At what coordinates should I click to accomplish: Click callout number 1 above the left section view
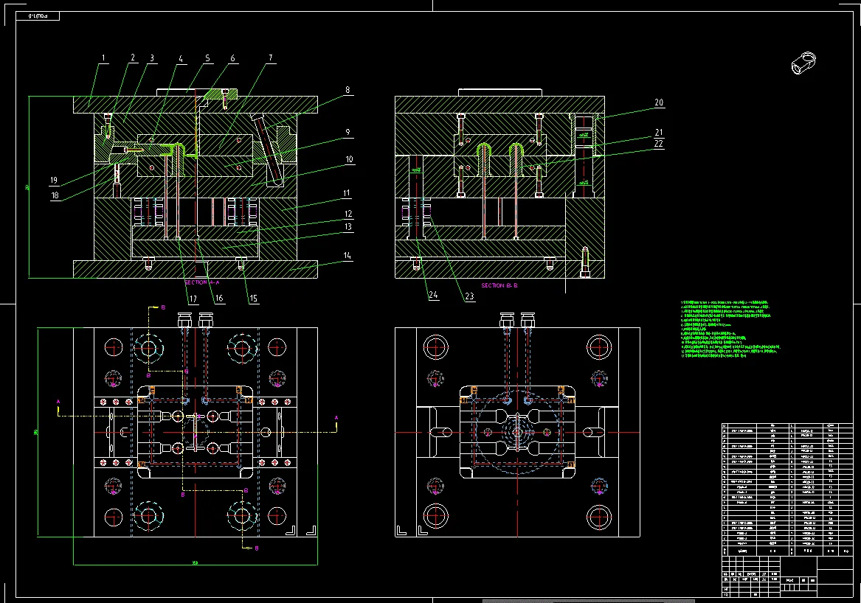tap(104, 57)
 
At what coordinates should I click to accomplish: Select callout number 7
tap(271, 57)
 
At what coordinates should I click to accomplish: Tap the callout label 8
tap(347, 91)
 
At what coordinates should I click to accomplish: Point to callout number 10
tap(349, 159)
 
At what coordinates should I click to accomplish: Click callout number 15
tap(253, 299)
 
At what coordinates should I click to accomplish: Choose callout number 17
tap(193, 299)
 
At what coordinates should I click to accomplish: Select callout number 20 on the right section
tap(659, 102)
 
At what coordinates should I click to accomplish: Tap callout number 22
tap(659, 144)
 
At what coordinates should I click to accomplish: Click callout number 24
tap(434, 297)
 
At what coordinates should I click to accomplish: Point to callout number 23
tap(470, 297)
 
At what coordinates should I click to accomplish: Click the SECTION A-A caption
tap(201, 282)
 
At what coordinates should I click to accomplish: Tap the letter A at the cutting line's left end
tap(58, 402)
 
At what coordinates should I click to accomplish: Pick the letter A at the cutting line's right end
tap(337, 418)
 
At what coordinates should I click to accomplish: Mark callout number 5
tap(207, 57)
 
